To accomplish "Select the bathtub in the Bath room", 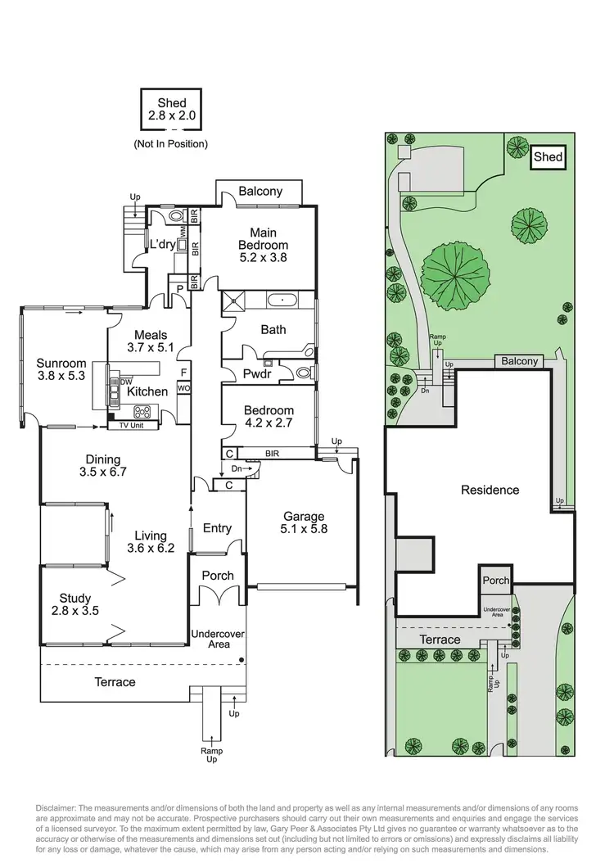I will coord(282,301).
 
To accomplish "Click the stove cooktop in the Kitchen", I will coord(142,412).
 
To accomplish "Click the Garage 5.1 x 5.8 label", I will coord(304,523).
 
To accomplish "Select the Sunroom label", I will coord(61,370).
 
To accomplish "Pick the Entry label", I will coord(216,529).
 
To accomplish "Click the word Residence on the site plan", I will coord(490,491).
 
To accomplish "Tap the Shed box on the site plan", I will coord(548,156).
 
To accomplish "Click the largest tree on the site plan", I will coord(456,276).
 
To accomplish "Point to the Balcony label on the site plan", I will coord(520,361).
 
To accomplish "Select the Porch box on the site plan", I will coord(495,580).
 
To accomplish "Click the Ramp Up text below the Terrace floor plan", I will coord(211,754).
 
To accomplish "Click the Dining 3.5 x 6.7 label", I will coord(102,465).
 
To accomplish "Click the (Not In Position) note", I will coord(170,144).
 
